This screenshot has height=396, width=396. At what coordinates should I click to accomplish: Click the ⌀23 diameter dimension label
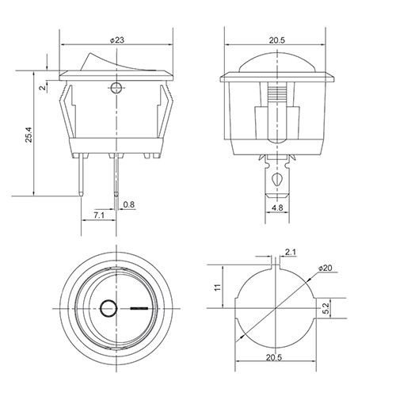point(116,40)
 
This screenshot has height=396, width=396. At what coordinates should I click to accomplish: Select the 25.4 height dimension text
point(29,135)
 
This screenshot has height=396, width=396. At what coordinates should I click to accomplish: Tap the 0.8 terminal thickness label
point(129,204)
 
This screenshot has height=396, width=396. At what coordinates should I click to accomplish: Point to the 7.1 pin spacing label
point(99,215)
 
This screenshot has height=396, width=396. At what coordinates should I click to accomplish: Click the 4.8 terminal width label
point(277,208)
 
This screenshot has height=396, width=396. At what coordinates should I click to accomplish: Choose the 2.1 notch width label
point(291,252)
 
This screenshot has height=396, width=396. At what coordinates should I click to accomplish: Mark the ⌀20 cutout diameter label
point(325,268)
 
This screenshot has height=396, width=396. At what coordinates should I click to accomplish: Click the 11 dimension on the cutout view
point(218,287)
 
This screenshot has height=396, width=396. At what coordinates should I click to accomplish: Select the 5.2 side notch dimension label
point(326,308)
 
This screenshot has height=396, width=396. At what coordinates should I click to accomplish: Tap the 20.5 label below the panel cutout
point(274,357)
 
